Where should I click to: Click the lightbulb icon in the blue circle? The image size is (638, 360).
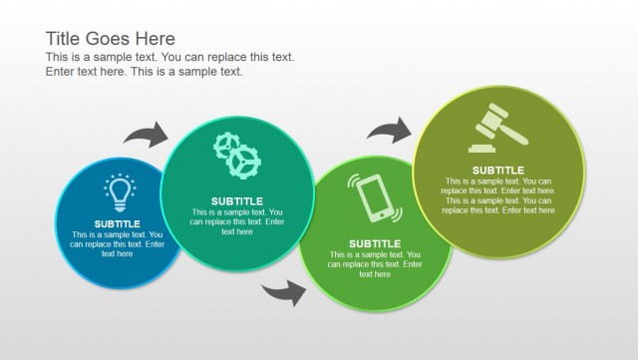point(118,191)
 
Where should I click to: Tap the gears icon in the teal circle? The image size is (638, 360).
point(237,155)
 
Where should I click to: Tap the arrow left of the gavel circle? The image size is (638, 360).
point(389,129)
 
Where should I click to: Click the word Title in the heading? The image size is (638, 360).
point(67,38)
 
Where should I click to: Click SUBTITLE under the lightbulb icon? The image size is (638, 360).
point(118,223)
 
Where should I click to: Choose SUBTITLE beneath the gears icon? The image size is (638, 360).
point(237,200)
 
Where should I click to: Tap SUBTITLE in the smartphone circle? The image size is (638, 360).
point(375,243)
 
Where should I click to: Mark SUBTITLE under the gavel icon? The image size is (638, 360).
point(497,170)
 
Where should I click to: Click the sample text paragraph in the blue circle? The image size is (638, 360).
point(118,244)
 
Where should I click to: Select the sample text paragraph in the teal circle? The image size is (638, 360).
point(237,221)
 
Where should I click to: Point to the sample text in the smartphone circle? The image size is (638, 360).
point(375,264)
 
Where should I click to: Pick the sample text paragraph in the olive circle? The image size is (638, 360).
point(497,195)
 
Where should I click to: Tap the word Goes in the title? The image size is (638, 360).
point(112,38)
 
